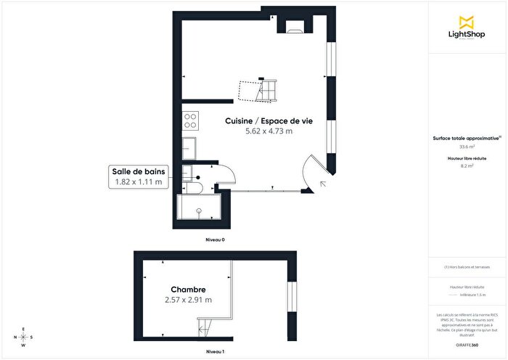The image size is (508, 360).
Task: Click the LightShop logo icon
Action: point(467,20)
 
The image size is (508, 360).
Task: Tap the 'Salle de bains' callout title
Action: point(139,171)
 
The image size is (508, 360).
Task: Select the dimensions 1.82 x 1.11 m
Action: point(139,182)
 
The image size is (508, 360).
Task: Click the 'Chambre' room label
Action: point(188,288)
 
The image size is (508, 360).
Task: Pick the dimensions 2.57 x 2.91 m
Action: point(188,299)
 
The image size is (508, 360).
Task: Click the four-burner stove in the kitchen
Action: point(191,118)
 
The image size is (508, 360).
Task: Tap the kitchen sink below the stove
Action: point(189,148)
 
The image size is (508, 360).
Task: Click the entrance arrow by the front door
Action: point(321,184)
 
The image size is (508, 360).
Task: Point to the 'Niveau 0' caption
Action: point(214,239)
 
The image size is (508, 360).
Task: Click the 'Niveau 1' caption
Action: point(214,351)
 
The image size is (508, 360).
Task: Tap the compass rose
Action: point(24,337)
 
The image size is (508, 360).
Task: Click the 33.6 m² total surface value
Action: point(467,147)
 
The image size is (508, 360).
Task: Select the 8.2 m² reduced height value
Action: point(467,166)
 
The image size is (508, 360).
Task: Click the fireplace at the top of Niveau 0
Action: point(294,27)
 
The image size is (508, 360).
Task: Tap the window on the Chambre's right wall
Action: point(292,300)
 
